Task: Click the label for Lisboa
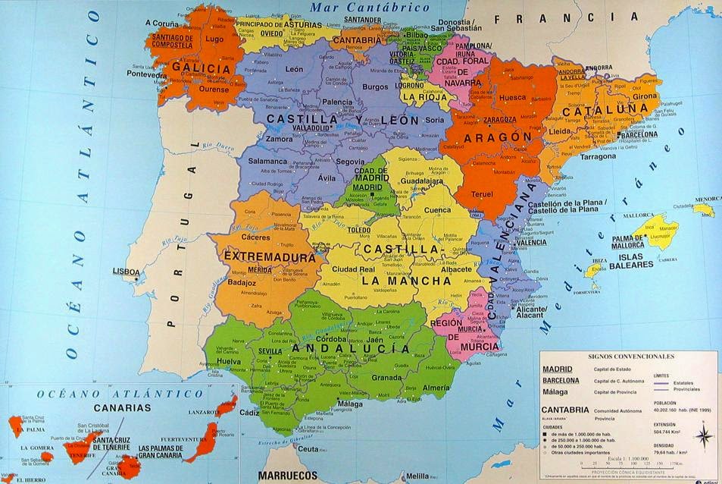click(126, 272)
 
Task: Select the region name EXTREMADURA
click(269, 257)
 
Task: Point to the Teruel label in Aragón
click(483, 193)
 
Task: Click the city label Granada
click(386, 378)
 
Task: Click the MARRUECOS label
click(288, 476)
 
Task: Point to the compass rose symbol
click(703, 435)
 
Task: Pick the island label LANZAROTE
click(205, 412)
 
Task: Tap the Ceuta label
click(308, 449)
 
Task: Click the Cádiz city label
click(248, 413)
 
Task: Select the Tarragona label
click(599, 156)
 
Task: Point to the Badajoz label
click(242, 283)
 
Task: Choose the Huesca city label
click(513, 98)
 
